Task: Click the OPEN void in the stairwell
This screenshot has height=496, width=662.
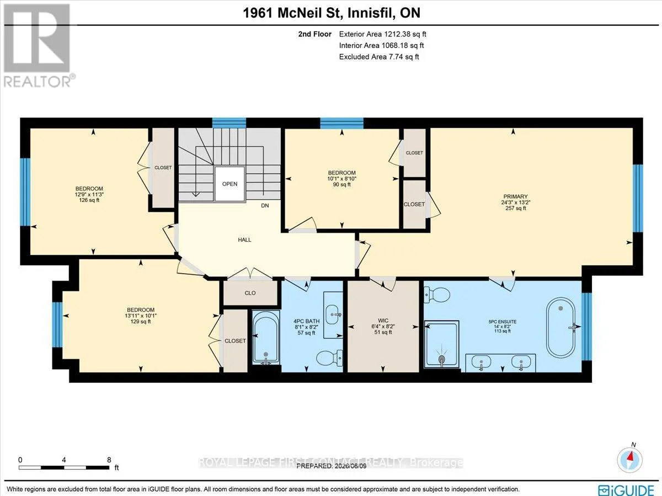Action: click(x=229, y=184)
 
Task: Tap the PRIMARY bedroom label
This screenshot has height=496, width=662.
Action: click(x=515, y=196)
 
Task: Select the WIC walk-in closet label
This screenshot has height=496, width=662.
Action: click(x=383, y=321)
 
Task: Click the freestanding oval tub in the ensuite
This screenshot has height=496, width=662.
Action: click(x=560, y=328)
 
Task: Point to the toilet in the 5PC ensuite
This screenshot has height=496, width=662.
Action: click(x=437, y=295)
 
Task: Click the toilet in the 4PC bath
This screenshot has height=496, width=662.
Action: click(x=329, y=358)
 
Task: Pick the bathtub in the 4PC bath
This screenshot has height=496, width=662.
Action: click(x=266, y=337)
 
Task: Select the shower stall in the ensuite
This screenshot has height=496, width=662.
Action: click(x=441, y=344)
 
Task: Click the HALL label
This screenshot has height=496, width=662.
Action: click(x=244, y=239)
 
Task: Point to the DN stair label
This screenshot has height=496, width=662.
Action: click(x=265, y=206)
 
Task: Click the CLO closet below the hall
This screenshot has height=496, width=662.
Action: click(x=250, y=293)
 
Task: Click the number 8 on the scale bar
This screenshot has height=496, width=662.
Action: click(x=109, y=460)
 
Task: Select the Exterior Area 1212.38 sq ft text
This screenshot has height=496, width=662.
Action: click(x=382, y=34)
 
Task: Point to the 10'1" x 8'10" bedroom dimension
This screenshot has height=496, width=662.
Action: click(x=341, y=179)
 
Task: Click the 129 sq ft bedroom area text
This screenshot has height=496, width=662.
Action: click(x=140, y=322)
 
